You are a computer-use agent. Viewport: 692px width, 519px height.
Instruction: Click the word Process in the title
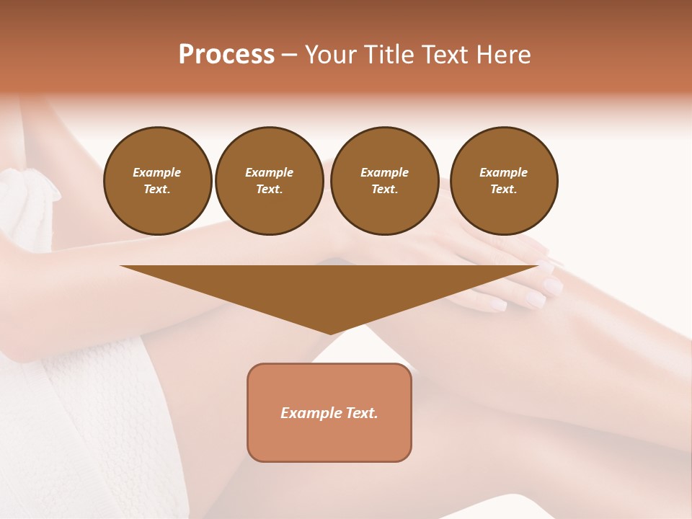(226, 55)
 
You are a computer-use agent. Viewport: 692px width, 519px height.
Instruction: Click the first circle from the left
(158, 181)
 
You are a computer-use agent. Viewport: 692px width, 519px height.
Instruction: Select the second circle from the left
(270, 181)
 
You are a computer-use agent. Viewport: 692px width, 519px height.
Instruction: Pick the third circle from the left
(385, 181)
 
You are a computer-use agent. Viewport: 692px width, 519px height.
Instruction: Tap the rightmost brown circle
(504, 181)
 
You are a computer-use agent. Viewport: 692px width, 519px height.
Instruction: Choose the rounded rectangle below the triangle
(329, 412)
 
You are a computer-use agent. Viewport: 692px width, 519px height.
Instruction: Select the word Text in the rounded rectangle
(362, 413)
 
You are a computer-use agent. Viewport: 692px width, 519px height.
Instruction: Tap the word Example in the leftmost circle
(157, 172)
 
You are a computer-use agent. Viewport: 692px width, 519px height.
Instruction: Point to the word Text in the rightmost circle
(504, 190)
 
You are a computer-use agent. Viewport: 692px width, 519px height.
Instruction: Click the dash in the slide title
(289, 55)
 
